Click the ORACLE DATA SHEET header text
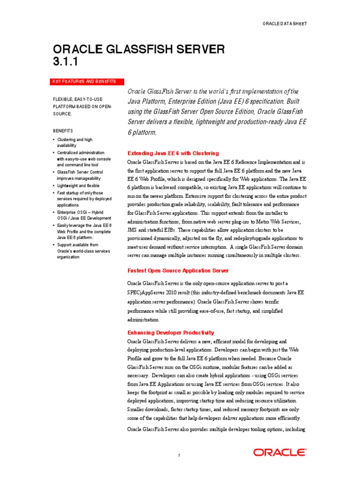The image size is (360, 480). pyautogui.click(x=285, y=23)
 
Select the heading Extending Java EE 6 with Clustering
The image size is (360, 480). pyautogui.click(x=173, y=153)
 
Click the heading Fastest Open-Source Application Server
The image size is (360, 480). pyautogui.click(x=178, y=270)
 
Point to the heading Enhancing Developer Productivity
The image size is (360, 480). pyautogui.click(x=171, y=332)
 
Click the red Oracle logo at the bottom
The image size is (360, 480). pyautogui.click(x=280, y=452)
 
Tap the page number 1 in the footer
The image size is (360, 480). pyautogui.click(x=179, y=455)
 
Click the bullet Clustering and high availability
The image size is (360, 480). pyautogui.click(x=75, y=142)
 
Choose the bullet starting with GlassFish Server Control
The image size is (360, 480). pyautogui.click(x=80, y=175)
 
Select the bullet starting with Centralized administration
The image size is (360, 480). pyautogui.click(x=83, y=159)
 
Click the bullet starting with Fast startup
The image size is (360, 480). pyautogui.click(x=83, y=199)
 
